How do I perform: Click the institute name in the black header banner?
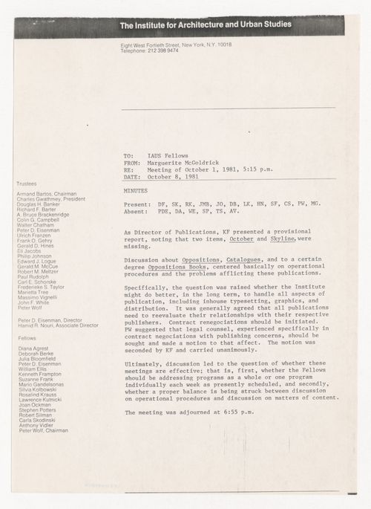(206, 25)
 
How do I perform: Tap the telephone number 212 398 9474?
(166, 51)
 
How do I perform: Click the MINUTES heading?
(136, 191)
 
